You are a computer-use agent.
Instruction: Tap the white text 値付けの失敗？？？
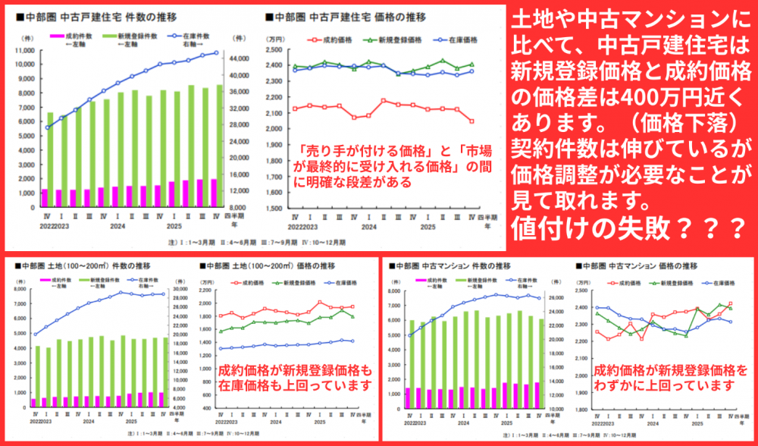628,226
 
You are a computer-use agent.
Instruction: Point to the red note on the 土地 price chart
295,378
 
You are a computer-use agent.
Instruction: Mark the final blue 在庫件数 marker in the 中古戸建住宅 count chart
216,53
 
